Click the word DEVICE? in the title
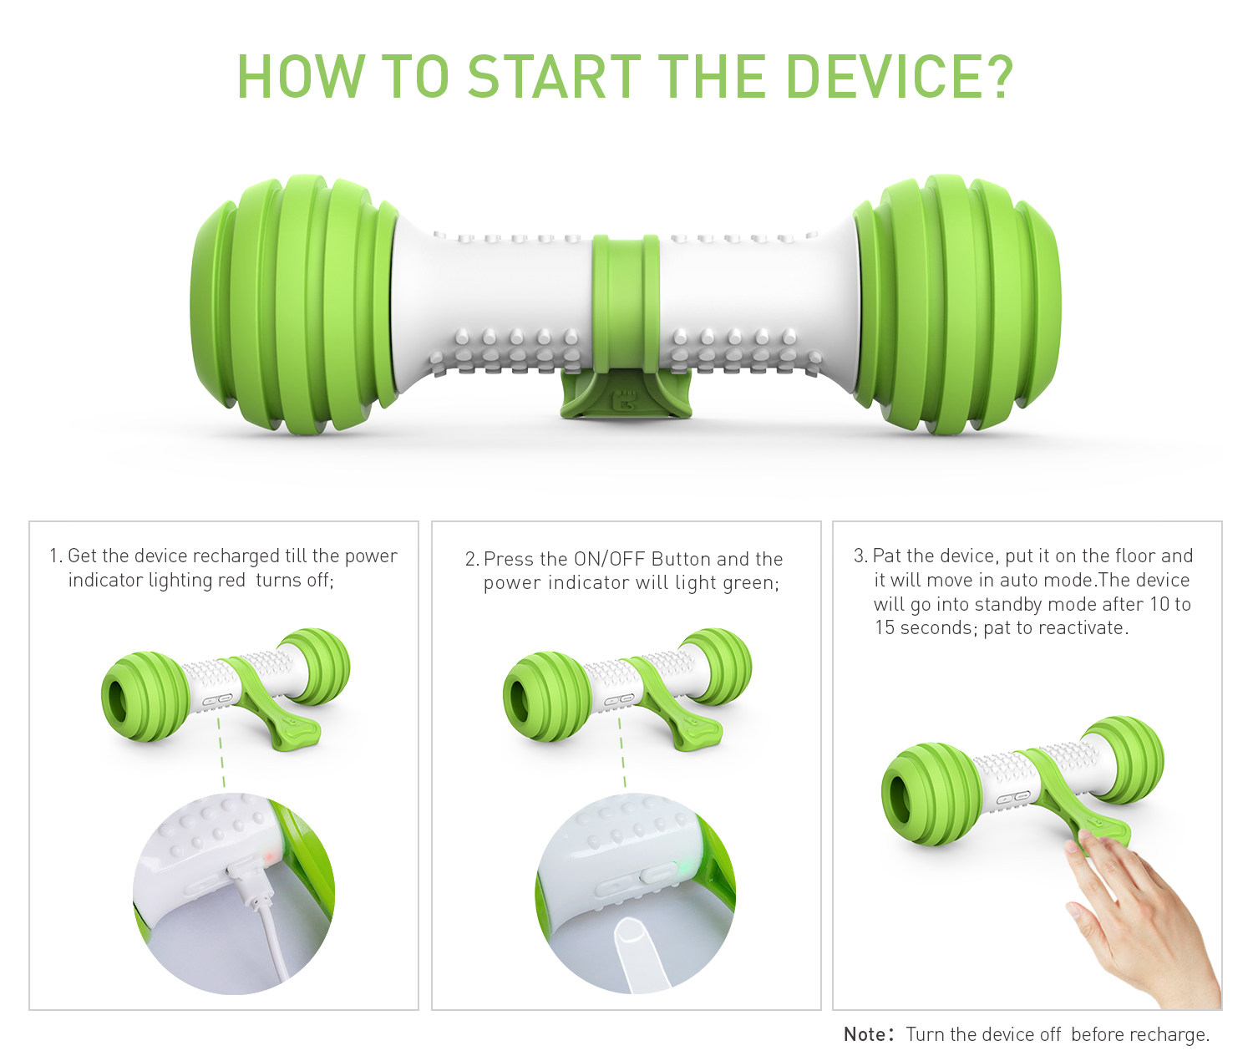click(x=900, y=76)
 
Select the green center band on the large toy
click(x=626, y=303)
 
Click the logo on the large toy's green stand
click(x=624, y=401)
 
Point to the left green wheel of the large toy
click(x=295, y=304)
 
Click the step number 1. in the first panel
click(x=56, y=556)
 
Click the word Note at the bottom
click(x=868, y=1034)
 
